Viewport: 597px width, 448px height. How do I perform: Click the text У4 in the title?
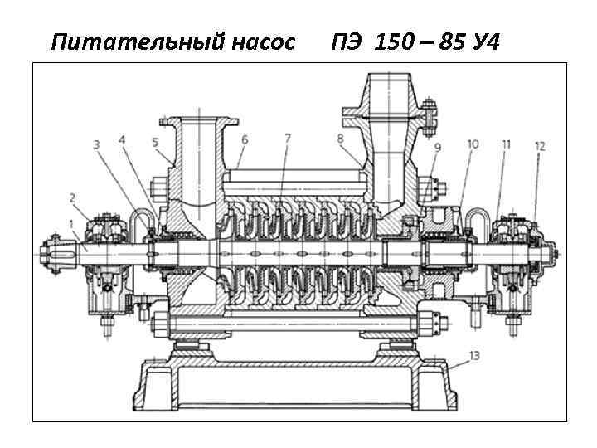(x=485, y=42)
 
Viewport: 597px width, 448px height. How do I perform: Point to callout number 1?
(x=71, y=225)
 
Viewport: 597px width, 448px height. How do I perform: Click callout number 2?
(x=73, y=197)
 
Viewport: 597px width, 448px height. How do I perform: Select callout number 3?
(x=96, y=144)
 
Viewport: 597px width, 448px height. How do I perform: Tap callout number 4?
(x=122, y=140)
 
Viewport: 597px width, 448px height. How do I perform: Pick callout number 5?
(x=155, y=143)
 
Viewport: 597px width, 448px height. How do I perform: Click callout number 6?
(x=245, y=140)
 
